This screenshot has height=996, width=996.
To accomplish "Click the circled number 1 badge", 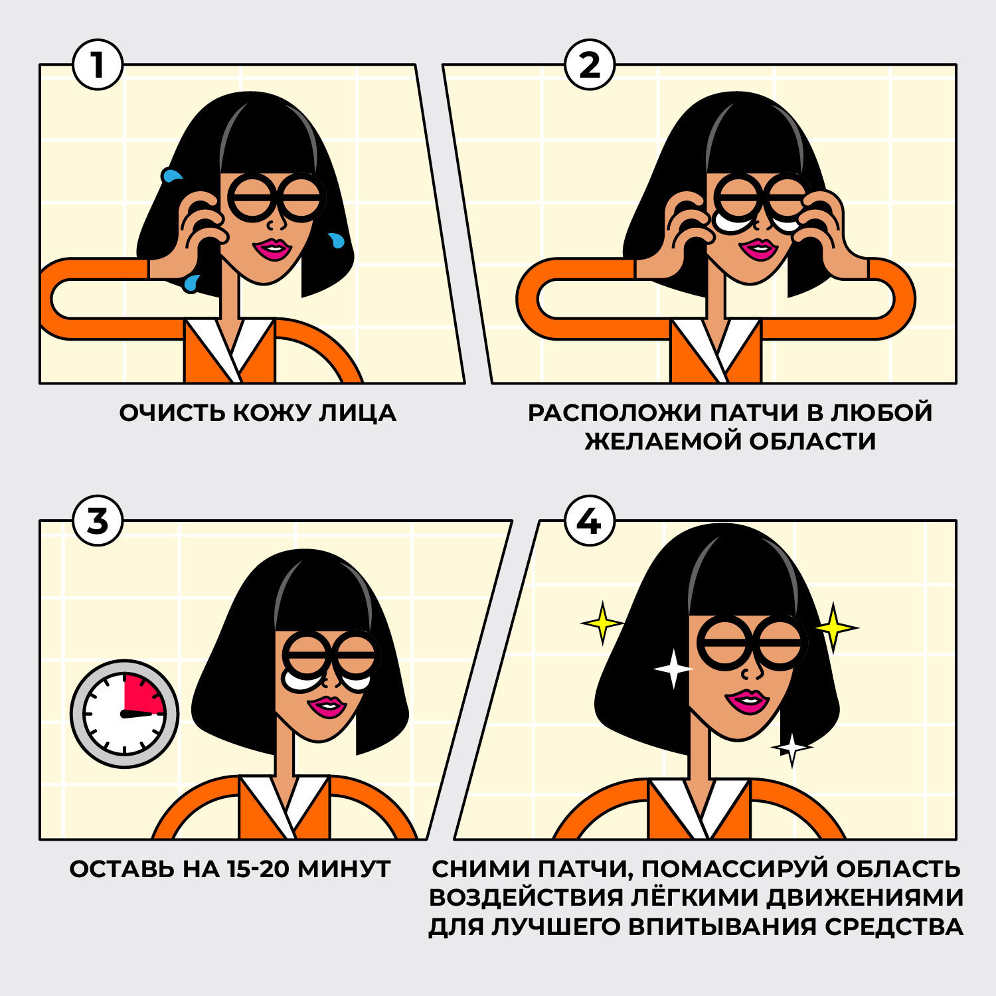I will coord(98,66).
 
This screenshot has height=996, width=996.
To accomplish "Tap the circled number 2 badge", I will coord(589,66).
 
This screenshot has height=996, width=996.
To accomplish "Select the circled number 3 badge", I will coord(98,521).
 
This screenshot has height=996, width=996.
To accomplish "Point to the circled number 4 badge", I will coord(589,521).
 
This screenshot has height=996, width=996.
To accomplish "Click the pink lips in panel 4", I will coord(747,701).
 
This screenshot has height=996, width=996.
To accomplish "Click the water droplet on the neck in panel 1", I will coord(191,284).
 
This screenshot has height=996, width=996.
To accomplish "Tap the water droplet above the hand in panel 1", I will coord(172,176).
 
